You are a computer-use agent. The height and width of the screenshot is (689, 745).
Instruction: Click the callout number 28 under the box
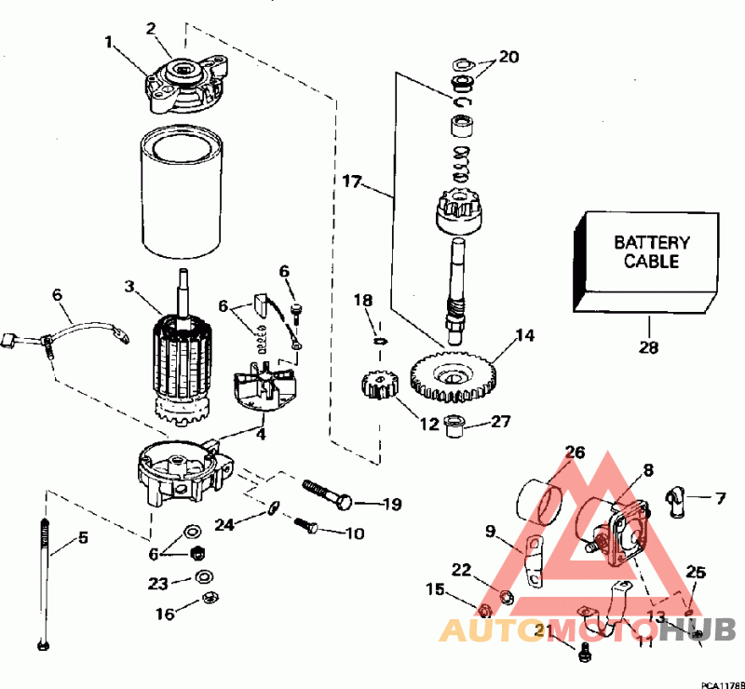click(x=648, y=347)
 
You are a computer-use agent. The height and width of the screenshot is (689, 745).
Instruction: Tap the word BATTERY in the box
click(x=651, y=243)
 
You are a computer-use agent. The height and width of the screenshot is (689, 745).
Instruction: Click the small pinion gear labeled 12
click(x=379, y=385)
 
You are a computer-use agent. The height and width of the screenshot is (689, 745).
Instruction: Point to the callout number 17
click(x=352, y=182)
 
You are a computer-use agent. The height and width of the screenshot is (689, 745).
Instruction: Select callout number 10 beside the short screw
click(x=355, y=534)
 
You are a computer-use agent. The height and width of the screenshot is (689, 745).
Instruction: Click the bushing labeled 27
click(x=453, y=426)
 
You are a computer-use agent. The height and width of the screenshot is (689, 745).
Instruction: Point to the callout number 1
click(x=109, y=43)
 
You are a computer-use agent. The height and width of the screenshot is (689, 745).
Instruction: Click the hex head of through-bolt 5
click(x=43, y=645)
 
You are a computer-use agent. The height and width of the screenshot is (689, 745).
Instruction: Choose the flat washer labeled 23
click(x=204, y=577)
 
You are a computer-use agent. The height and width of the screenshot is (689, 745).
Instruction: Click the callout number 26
click(x=576, y=453)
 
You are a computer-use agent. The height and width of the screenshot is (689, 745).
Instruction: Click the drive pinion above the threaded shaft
click(x=458, y=212)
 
